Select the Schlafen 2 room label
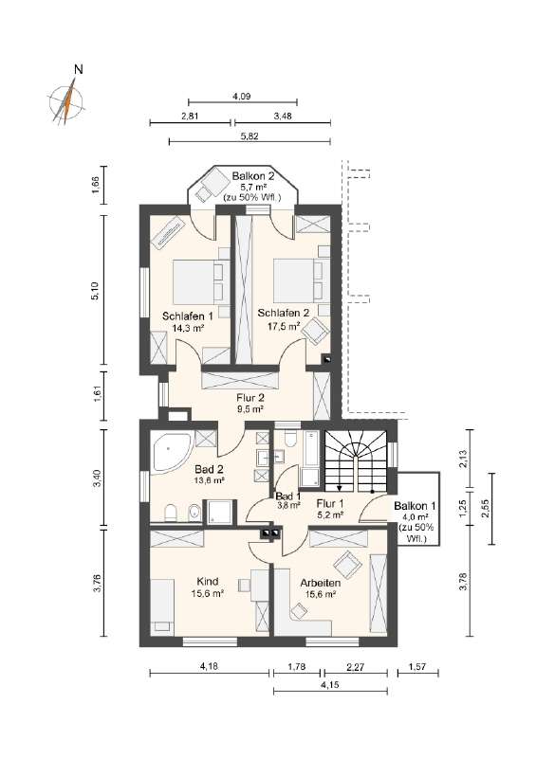pyautogui.click(x=285, y=313)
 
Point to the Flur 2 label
pyautogui.click(x=250, y=399)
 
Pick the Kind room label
pyautogui.click(x=207, y=581)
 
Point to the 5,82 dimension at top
pyautogui.click(x=249, y=137)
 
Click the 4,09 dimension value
pyautogui.click(x=242, y=96)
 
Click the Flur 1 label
pyautogui.click(x=329, y=503)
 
